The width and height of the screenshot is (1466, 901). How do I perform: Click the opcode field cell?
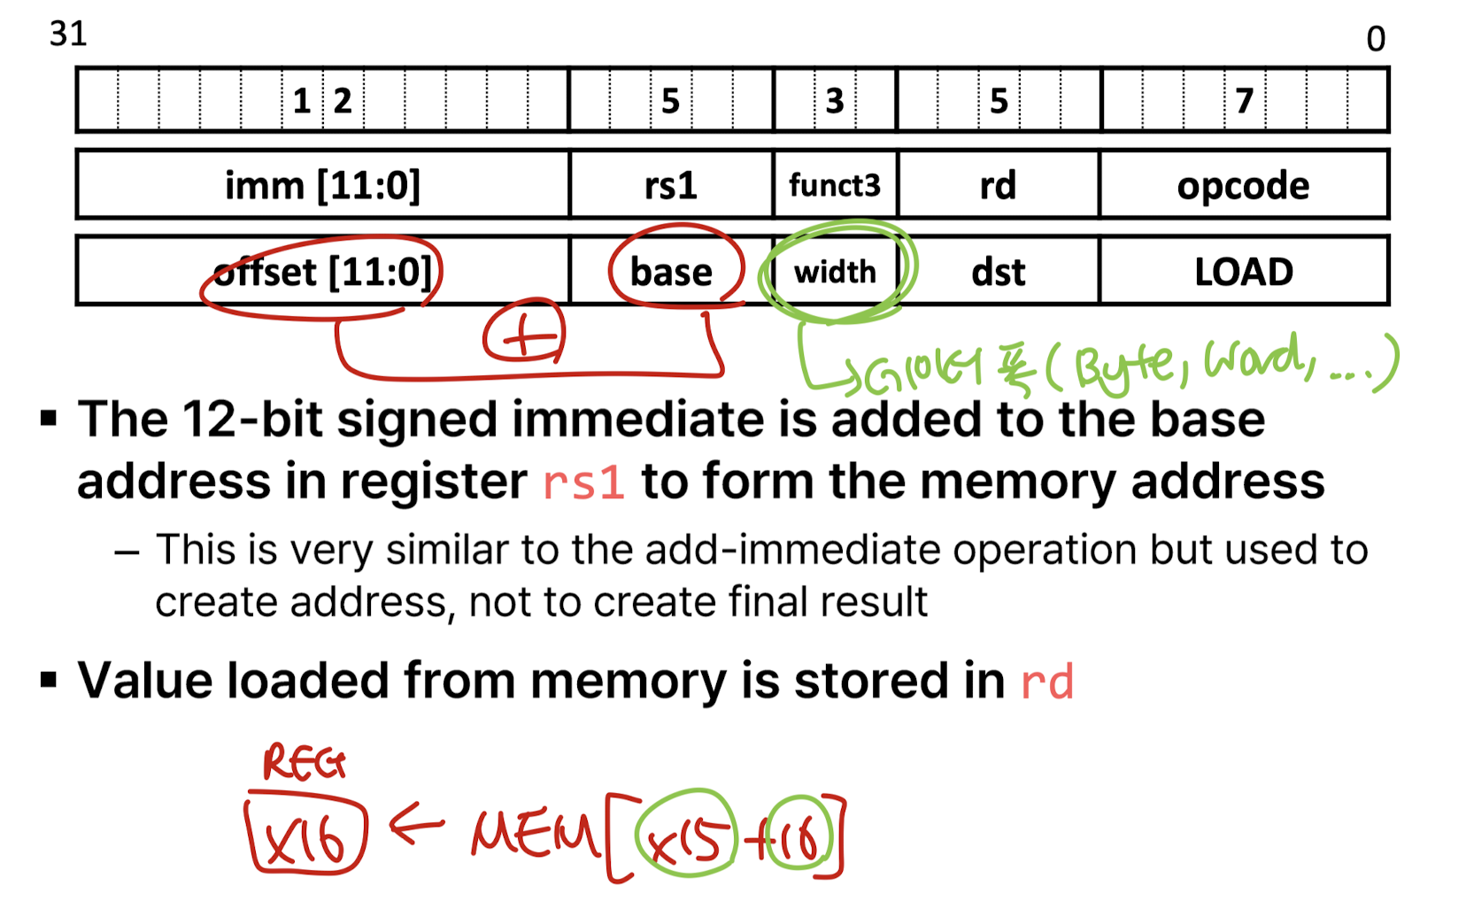click(x=1243, y=185)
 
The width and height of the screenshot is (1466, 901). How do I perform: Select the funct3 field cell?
click(x=835, y=185)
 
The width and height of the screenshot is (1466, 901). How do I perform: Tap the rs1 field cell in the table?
click(x=671, y=185)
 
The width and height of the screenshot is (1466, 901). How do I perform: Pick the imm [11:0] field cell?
click(x=322, y=185)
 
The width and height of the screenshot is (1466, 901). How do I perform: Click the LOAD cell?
click(x=1243, y=272)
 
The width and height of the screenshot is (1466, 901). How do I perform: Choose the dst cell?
click(x=998, y=272)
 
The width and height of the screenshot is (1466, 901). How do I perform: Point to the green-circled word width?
click(x=835, y=272)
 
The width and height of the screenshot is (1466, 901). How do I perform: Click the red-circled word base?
click(x=671, y=272)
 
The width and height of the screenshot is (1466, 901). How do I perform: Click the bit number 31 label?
click(x=68, y=34)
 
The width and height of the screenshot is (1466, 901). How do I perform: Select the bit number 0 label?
click(x=1375, y=39)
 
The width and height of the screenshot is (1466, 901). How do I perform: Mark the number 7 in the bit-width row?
click(x=1244, y=101)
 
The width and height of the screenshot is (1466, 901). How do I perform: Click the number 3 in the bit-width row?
click(x=834, y=101)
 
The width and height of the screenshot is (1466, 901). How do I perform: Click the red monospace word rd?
click(x=1047, y=682)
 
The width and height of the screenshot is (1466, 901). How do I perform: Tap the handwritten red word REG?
click(x=304, y=763)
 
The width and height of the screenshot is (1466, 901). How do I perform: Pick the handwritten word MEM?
click(x=534, y=835)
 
